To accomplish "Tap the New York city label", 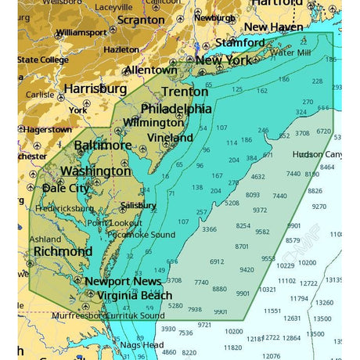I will coord(223,60).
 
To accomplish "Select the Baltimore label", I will coord(103,145).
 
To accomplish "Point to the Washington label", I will coord(95,171).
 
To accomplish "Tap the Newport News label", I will coord(117,281).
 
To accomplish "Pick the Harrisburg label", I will coord(95,88).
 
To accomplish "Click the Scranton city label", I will coord(140,20).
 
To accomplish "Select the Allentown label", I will coord(150,70).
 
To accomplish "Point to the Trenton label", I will coord(185,92).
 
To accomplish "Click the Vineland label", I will coord(170,138).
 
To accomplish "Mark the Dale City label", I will coord(66,188).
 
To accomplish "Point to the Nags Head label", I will coord(141,344).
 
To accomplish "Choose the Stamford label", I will coord(239,41).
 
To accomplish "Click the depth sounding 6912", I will coord(217,261).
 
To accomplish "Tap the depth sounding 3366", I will coord(209,229).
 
